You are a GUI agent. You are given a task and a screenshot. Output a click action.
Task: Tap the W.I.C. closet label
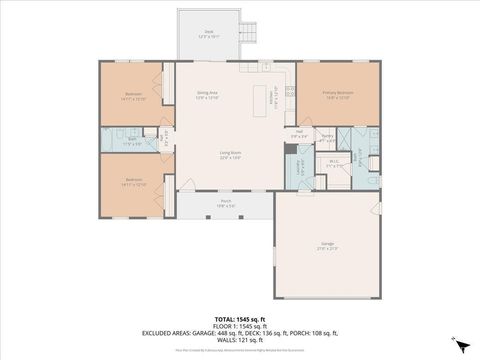pos(335,163)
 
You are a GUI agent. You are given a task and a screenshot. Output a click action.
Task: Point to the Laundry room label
pos(299,166)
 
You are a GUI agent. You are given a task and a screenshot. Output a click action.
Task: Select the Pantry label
pos(326,136)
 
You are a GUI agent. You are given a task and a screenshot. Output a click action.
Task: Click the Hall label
pos(299,133)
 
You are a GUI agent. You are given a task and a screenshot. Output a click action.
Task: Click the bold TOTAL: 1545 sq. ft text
pos(239,318)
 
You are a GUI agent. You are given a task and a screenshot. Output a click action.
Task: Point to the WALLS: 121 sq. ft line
pos(239,339)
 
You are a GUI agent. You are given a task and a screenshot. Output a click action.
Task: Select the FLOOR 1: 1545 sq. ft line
pos(239,325)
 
